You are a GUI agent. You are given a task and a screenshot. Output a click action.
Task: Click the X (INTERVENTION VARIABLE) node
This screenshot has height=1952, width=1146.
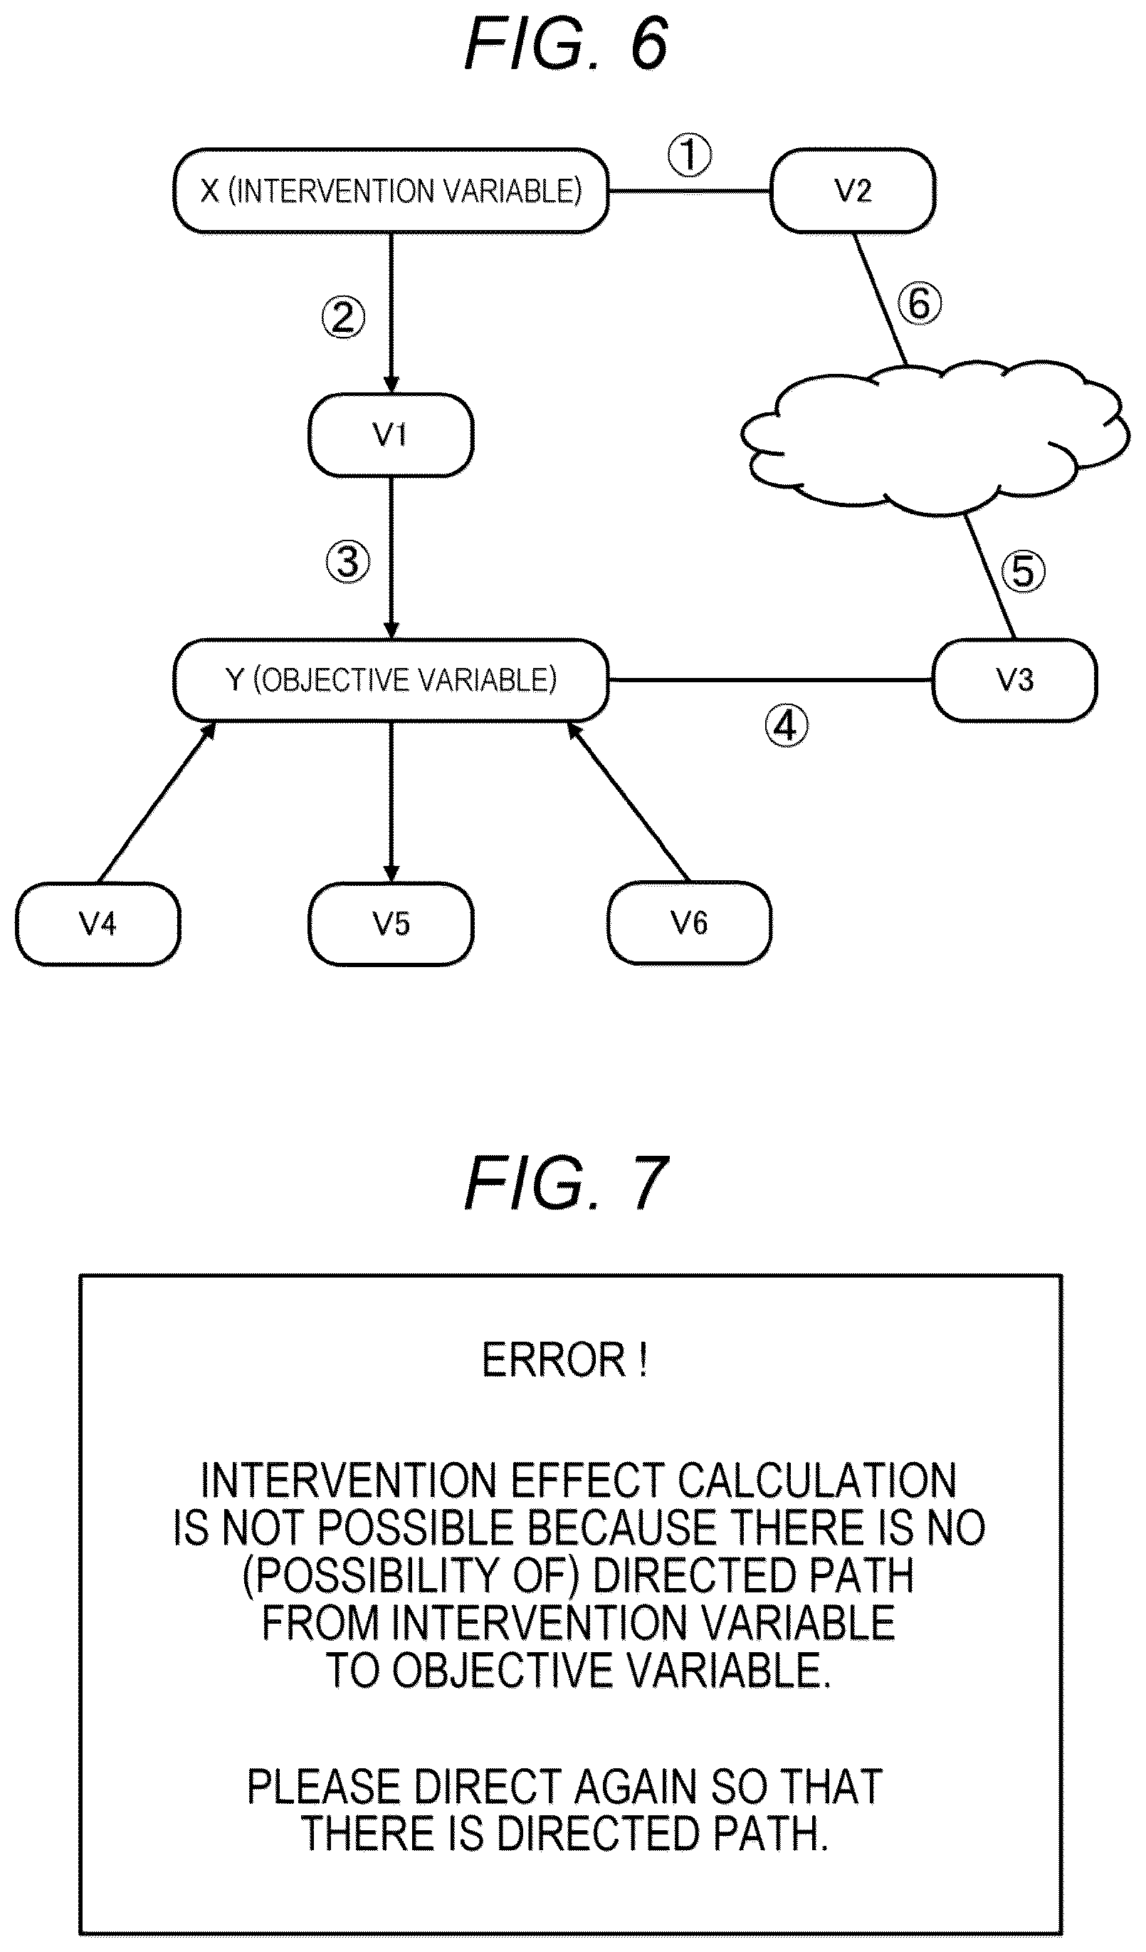coord(391,191)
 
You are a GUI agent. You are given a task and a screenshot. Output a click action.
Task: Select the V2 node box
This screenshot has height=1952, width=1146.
coord(853,191)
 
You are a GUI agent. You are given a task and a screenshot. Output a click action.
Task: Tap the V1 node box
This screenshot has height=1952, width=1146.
coord(391,434)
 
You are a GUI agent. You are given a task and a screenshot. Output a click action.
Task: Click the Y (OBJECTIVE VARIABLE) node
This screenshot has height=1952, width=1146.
coord(391,680)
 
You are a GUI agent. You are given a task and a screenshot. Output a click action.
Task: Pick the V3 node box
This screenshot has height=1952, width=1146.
coord(1014,680)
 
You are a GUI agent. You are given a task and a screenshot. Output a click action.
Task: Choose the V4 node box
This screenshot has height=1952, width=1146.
coord(98,924)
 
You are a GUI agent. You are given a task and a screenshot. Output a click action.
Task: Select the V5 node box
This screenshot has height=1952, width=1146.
coord(391,924)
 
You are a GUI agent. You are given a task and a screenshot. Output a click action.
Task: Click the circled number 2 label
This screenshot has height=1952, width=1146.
coord(344,318)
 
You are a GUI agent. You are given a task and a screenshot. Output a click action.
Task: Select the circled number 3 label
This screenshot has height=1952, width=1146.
coord(347,562)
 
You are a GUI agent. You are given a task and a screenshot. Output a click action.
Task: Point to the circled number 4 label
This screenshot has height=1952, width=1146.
coord(786,726)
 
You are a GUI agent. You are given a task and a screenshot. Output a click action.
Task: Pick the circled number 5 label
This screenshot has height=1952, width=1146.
coord(1024,572)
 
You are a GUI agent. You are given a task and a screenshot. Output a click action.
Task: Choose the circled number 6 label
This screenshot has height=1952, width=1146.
coord(920,303)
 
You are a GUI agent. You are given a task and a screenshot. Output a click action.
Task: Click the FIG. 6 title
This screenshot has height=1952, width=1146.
coord(566,43)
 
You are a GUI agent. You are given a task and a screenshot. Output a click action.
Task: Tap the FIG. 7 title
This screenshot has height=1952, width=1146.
coord(566,1183)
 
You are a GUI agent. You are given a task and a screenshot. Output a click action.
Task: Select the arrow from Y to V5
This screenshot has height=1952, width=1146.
coord(391,802)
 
